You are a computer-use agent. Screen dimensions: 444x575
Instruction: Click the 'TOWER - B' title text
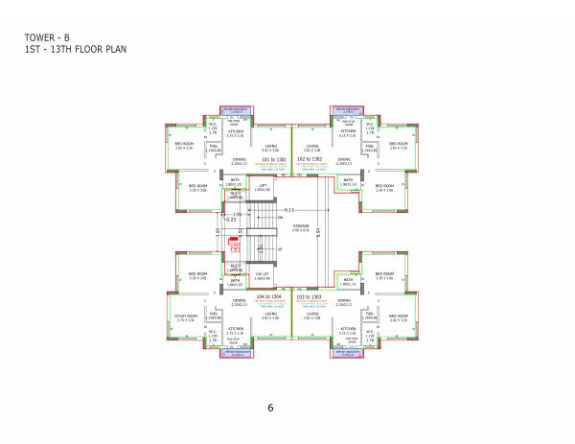coord(48,37)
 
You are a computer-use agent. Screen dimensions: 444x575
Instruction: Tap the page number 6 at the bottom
coord(271,408)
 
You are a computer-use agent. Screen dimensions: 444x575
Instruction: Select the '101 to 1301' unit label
coord(272,158)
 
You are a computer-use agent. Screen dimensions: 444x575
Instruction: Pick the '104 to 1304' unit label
coord(272,297)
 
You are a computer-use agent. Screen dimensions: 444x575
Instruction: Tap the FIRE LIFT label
coord(262,274)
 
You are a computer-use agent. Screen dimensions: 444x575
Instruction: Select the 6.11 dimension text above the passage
coord(302,209)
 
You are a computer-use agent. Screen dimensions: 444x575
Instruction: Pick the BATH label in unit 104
coord(235,280)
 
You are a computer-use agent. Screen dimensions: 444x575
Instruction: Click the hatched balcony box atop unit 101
coord(234,108)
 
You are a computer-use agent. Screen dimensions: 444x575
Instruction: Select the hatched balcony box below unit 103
coord(349,353)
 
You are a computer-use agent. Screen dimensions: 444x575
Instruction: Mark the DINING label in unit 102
coord(343,160)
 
